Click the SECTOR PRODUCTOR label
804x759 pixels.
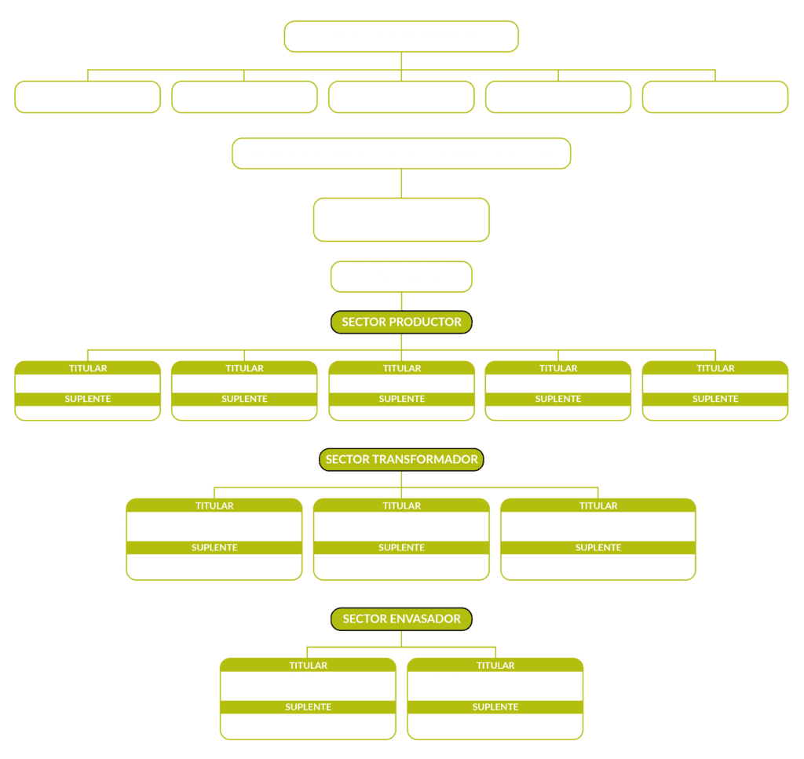401,322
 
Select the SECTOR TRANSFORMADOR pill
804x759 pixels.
401,459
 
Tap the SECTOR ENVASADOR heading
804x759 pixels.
401,619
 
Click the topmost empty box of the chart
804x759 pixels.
401,36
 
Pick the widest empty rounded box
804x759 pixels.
401,153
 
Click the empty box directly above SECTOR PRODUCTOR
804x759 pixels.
401,277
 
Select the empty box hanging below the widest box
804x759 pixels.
401,219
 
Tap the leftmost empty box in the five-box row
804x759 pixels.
88,97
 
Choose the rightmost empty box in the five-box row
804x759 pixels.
715,97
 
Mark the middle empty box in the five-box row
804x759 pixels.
401,97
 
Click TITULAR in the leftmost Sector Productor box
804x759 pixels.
88,368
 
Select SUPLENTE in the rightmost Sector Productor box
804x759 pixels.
715,399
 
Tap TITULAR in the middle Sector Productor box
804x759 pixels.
401,368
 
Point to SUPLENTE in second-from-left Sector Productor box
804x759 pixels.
245,399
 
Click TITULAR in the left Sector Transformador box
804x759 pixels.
214,505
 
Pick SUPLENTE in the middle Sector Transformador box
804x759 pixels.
401,547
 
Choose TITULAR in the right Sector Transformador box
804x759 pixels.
598,505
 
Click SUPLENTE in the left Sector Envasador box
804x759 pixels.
308,706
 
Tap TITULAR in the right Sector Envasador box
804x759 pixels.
495,666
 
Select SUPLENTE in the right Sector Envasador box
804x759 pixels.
495,706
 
